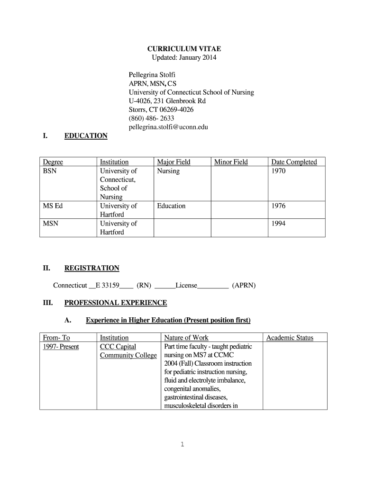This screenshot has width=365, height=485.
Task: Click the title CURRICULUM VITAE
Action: coord(184,49)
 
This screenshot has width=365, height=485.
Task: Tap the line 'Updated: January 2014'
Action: coord(184,58)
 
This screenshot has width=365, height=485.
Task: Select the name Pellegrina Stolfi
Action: coord(152,75)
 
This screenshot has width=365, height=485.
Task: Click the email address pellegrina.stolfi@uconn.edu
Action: coord(168,127)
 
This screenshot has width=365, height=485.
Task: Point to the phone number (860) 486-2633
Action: coord(151,118)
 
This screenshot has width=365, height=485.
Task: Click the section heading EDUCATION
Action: coord(86,136)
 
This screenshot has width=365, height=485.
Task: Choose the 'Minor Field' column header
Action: coord(231,162)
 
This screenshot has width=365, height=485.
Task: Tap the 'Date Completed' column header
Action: coord(294,162)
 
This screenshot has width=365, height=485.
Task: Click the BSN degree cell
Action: coord(50,171)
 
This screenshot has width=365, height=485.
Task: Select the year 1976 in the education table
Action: coord(278,206)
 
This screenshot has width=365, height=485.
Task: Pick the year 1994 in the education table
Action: coord(278,224)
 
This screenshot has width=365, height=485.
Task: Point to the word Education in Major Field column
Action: coord(171,206)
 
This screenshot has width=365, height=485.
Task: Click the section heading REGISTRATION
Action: coord(91,268)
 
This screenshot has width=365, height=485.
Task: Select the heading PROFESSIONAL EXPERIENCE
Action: coord(116,303)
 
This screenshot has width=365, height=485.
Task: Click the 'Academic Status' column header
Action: coord(290,338)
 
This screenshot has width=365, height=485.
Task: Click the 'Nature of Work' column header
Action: coord(186,338)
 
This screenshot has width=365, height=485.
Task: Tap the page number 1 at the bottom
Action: coord(182,444)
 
